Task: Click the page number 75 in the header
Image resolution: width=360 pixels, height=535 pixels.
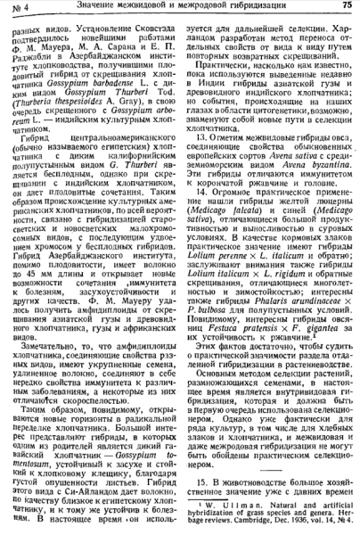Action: point(348,8)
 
